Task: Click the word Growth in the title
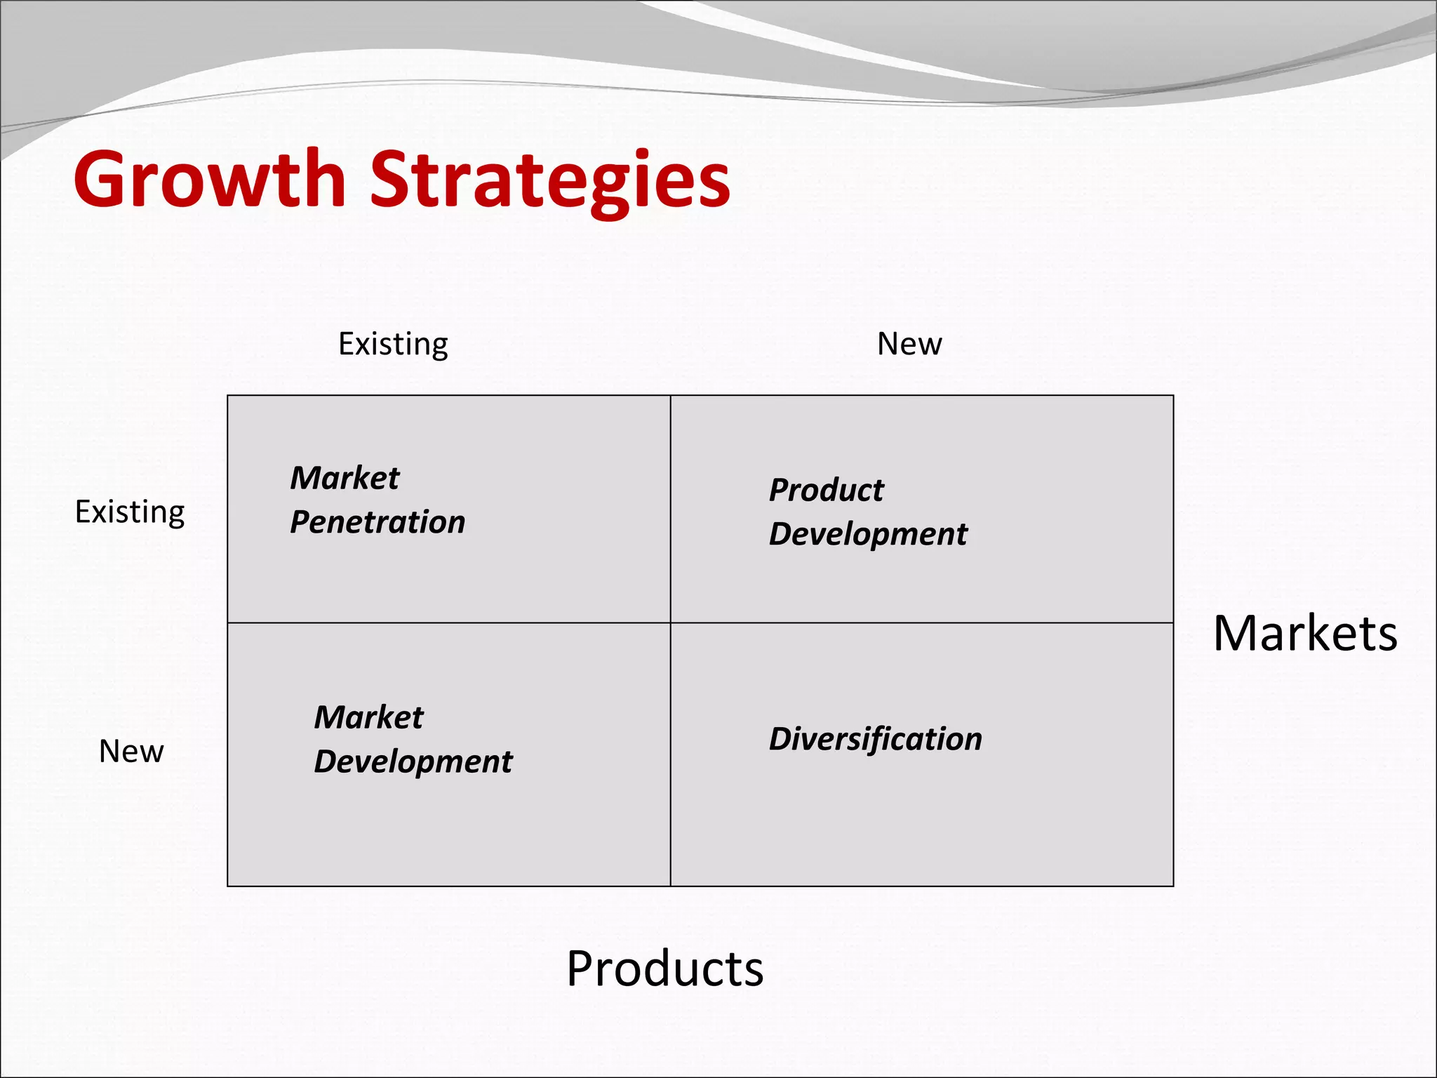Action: [x=209, y=180]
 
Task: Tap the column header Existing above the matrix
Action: [x=393, y=344]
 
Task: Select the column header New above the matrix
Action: [x=909, y=344]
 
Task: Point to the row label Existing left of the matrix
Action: [x=130, y=512]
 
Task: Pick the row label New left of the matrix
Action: [x=131, y=751]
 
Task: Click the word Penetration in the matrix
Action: [x=377, y=522]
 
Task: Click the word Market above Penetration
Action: [x=345, y=478]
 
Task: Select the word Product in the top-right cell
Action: [x=826, y=490]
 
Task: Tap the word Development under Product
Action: [x=868, y=534]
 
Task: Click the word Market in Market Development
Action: [x=368, y=717]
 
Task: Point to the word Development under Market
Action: [x=413, y=761]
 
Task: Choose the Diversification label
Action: [x=875, y=739]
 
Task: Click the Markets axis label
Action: [x=1305, y=634]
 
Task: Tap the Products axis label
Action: [x=664, y=969]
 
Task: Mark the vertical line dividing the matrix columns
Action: [x=671, y=807]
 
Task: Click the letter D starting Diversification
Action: [x=782, y=739]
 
